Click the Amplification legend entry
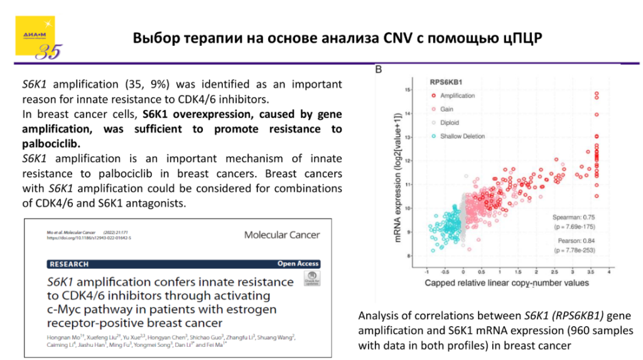coord(457,95)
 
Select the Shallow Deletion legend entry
coord(462,136)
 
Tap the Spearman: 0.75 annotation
coord(573,217)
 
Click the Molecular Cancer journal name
coord(282,235)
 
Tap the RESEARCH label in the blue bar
coord(69,264)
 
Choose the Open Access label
coord(298,264)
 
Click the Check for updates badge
coord(311,279)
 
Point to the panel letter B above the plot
coord(379,69)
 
